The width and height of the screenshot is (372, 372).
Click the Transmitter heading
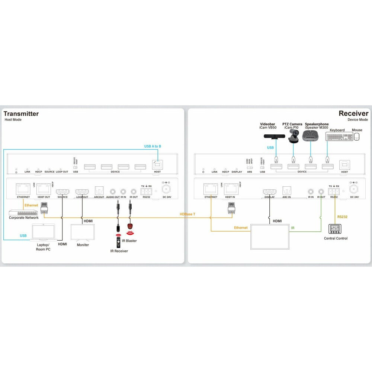pyautogui.click(x=21, y=114)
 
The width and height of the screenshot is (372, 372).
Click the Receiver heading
pyautogui.click(x=353, y=114)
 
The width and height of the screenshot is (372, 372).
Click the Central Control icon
pyautogui.click(x=335, y=229)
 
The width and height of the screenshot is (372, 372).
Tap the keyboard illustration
pyautogui.click(x=339, y=137)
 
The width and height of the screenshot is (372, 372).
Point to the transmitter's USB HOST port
pyautogui.click(x=157, y=164)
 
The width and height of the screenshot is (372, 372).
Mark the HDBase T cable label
pyautogui.click(x=187, y=214)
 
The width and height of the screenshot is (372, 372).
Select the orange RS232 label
pyautogui.click(x=342, y=217)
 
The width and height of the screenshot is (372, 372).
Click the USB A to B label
pyautogui.click(x=153, y=146)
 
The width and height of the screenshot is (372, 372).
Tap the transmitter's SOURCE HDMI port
pyautogui.click(x=62, y=192)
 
